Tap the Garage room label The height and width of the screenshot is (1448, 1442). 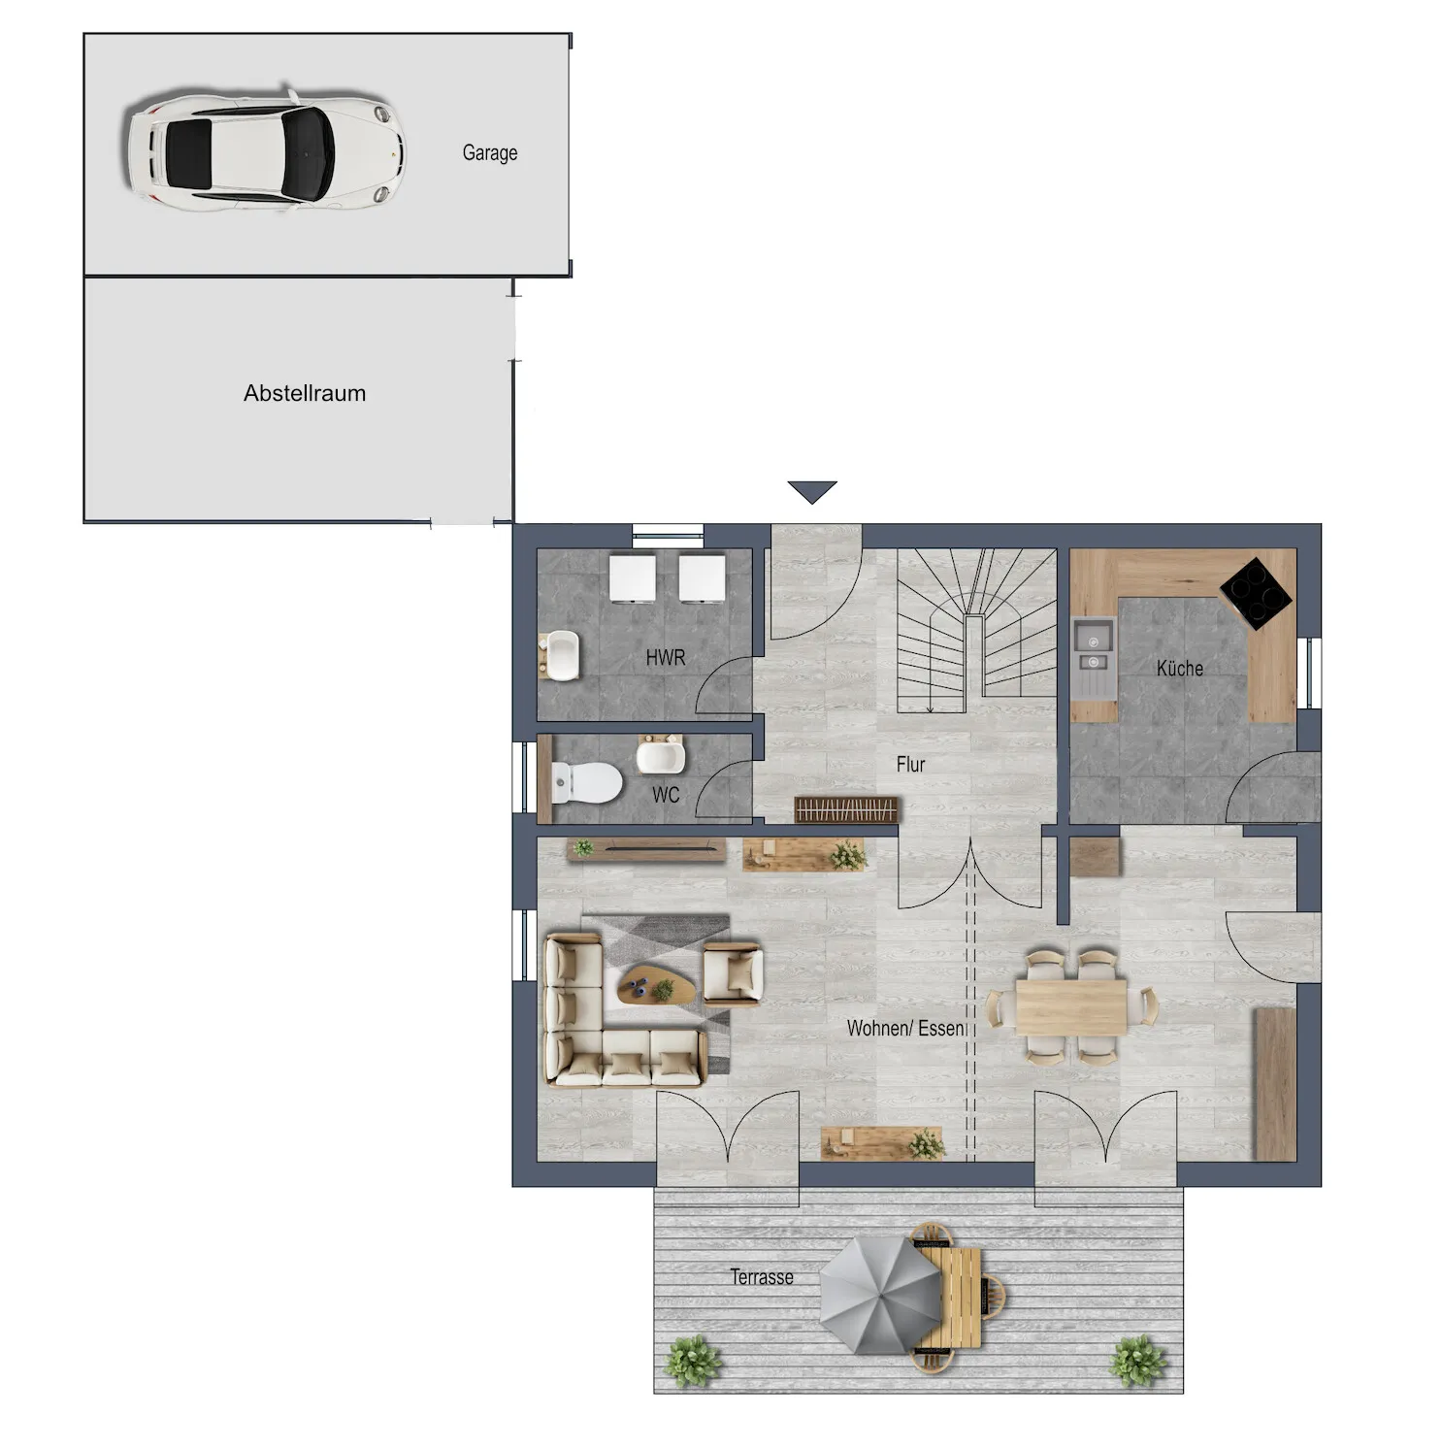point(489,152)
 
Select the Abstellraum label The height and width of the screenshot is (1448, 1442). point(305,393)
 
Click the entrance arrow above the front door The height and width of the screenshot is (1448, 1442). point(812,492)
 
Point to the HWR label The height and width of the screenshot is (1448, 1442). point(665,657)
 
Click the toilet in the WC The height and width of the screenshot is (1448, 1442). point(586,782)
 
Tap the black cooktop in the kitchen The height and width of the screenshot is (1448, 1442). point(1257,592)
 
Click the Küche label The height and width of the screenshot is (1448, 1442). point(1179,668)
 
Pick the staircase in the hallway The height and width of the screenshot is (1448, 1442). point(975,630)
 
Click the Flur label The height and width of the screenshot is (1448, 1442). point(910,764)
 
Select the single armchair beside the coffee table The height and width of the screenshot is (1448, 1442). point(734,972)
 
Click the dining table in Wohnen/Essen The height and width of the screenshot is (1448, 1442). point(1071,1006)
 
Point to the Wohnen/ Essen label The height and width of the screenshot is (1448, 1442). point(905,1028)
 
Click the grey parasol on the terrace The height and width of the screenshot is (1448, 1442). point(881,1296)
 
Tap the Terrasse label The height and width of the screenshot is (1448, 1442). point(761,1276)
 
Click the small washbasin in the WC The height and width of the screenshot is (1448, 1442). point(661,754)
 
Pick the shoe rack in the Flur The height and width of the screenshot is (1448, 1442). point(847,809)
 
